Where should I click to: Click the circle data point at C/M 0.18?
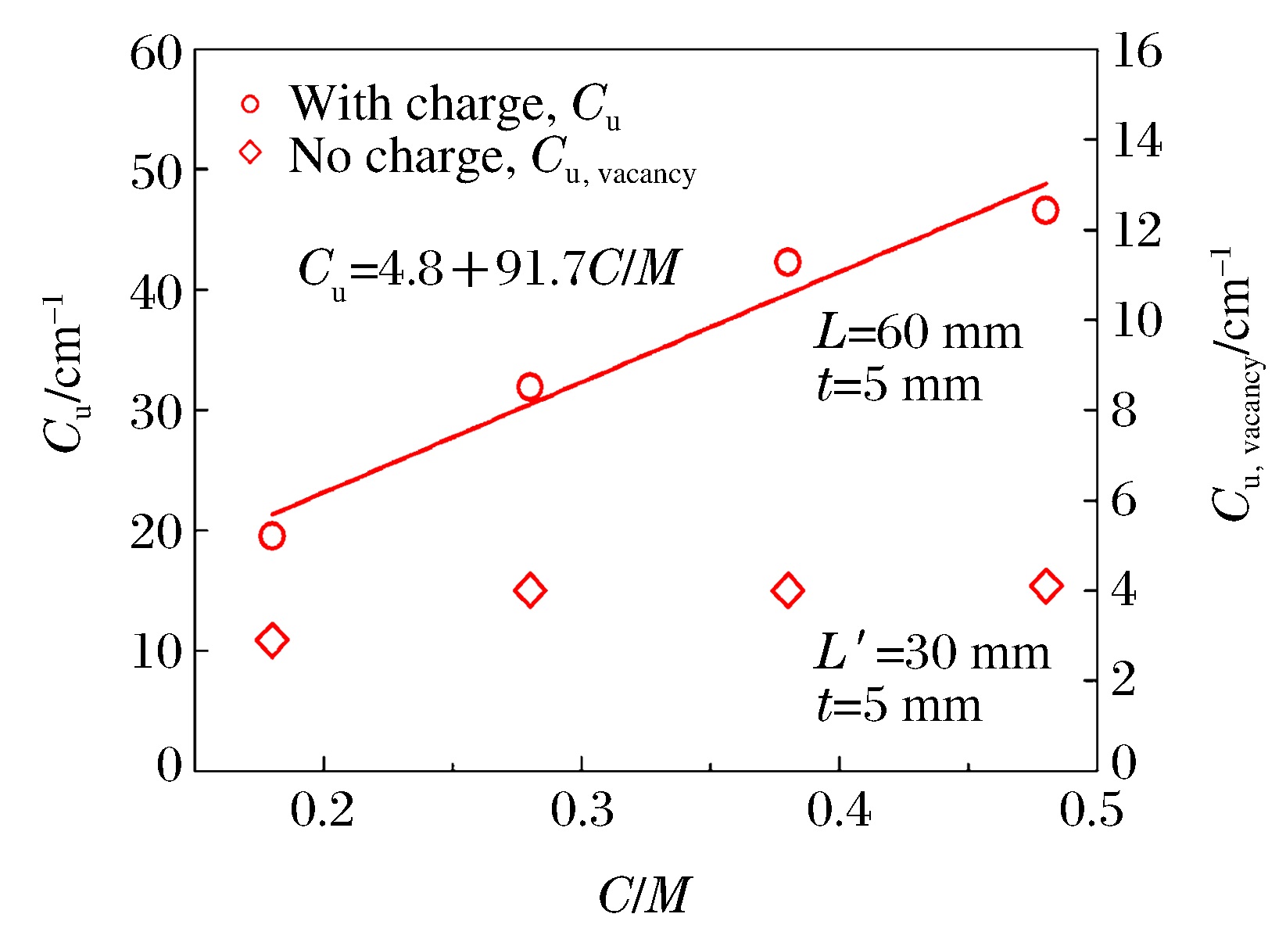[271, 536]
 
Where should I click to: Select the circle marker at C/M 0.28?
[530, 386]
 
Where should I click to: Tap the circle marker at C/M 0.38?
[787, 262]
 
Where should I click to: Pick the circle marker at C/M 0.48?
[1045, 210]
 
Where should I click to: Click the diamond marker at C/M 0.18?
[271, 640]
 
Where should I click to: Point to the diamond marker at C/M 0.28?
[530, 590]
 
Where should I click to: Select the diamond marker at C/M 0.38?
[787, 590]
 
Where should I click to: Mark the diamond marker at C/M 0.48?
[1046, 586]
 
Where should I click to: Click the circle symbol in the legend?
[250, 104]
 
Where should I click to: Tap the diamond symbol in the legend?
[250, 151]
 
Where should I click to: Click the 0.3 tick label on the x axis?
[582, 811]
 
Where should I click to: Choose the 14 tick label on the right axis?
[1136, 142]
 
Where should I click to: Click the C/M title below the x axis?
[645, 895]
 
